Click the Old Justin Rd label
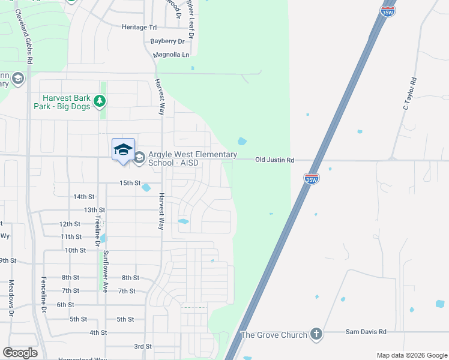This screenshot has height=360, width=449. [274, 160]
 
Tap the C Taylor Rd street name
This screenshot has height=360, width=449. [409, 94]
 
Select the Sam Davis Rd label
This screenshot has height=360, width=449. [366, 332]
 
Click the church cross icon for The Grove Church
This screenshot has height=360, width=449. [316, 334]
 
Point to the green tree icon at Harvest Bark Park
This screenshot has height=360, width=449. [100, 102]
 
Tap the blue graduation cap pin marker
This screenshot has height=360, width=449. [123, 149]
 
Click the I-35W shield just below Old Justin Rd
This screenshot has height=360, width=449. [311, 178]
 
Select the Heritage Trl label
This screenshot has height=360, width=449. [139, 28]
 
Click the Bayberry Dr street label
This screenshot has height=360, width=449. [168, 41]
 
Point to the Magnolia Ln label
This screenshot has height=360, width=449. [171, 55]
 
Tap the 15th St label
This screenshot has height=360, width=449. [130, 183]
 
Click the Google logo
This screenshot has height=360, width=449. [20, 353]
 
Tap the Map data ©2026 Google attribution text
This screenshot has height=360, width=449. [411, 355]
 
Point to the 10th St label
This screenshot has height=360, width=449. [75, 250]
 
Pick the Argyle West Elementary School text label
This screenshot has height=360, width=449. [192, 159]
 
